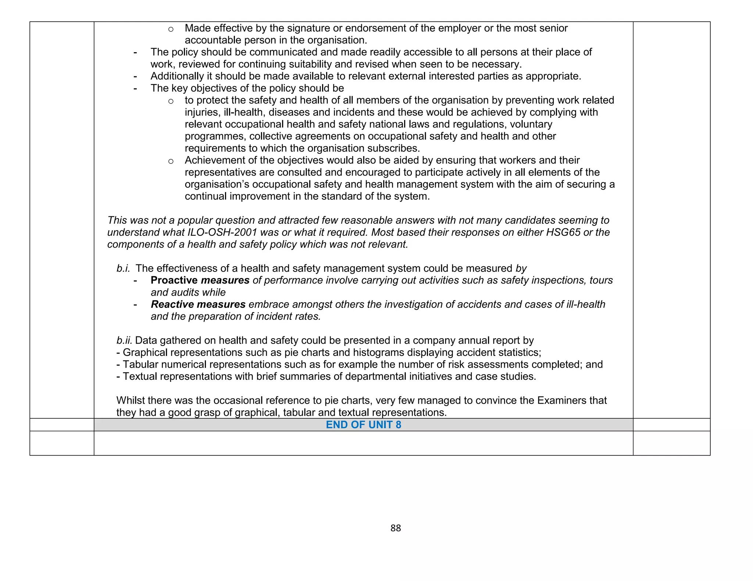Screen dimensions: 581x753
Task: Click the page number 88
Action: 395,528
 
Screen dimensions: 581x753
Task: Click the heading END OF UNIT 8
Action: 363,425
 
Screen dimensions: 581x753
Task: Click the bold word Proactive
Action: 174,280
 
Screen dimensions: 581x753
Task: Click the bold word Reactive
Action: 172,304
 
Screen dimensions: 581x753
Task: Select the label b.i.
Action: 123,268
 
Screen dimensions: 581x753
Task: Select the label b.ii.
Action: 124,340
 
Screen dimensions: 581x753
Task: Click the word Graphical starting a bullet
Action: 145,353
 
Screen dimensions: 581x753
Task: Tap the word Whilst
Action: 131,400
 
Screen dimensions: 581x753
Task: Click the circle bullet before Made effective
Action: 171,29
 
